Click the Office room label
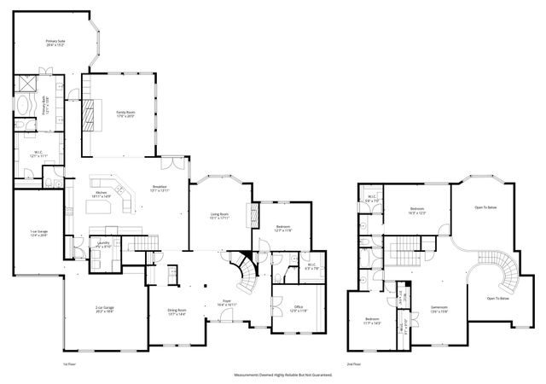click(x=299, y=308)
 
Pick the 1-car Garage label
click(x=38, y=233)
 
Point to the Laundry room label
click(x=103, y=244)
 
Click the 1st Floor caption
click(x=70, y=364)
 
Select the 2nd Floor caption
click(x=353, y=364)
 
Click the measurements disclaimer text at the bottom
click(x=283, y=375)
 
